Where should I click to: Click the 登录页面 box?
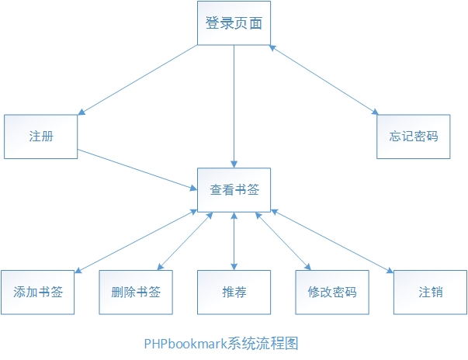tap(234, 23)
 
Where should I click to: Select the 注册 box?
tap(41, 137)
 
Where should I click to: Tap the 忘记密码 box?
tap(414, 137)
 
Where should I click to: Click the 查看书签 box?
tap(234, 189)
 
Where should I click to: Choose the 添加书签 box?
tap(38, 292)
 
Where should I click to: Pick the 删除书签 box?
tap(136, 292)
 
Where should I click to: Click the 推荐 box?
tap(234, 292)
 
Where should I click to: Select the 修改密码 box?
tap(331, 292)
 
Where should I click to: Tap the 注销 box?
tap(430, 292)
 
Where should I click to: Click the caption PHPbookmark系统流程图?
tap(221, 342)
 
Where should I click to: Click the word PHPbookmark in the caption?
tap(185, 342)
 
